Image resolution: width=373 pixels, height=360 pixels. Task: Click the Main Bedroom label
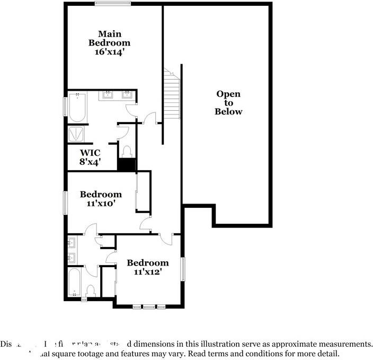pyautogui.click(x=109, y=38)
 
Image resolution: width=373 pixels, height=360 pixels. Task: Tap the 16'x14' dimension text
pyautogui.click(x=109, y=52)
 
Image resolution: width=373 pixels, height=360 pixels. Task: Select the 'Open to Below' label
pyautogui.click(x=228, y=103)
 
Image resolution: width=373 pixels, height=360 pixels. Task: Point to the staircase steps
pyautogui.click(x=172, y=95)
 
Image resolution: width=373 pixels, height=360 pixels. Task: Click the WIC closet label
pyautogui.click(x=90, y=153)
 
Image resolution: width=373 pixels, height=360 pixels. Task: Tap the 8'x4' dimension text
pyautogui.click(x=90, y=162)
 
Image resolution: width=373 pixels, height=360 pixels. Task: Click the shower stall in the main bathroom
pyautogui.click(x=77, y=135)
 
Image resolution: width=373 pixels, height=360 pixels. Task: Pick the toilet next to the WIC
pyautogui.click(x=127, y=151)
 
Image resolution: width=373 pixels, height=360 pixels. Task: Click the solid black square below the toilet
pyautogui.click(x=127, y=165)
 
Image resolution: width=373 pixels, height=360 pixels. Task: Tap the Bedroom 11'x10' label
pyautogui.click(x=101, y=198)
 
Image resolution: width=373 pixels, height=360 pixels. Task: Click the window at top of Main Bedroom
pyautogui.click(x=113, y=4)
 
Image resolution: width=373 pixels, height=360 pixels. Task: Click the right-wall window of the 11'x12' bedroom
pyautogui.click(x=183, y=269)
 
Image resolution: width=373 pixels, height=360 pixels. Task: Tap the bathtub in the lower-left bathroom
pyautogui.click(x=75, y=283)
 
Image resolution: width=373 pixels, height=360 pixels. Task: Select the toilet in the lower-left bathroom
pyautogui.click(x=91, y=291)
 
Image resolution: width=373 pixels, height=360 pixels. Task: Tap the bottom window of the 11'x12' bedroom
pyautogui.click(x=149, y=306)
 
